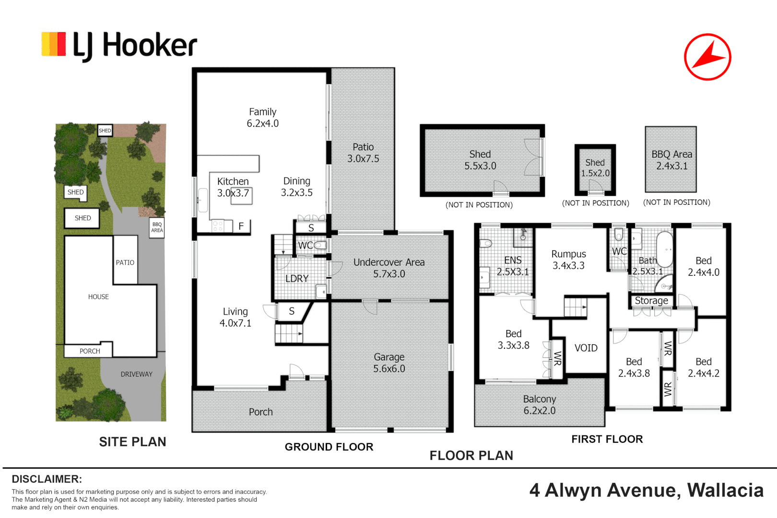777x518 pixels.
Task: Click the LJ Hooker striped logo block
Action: [x=54, y=44]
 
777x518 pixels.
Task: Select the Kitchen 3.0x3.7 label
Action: [x=233, y=187]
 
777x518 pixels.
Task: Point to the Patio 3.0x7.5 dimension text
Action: [x=363, y=158]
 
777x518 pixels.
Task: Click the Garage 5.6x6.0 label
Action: [x=389, y=363]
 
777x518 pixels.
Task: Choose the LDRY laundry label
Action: [x=297, y=279]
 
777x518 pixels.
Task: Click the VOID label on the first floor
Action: [x=586, y=348]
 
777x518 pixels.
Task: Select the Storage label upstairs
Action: [x=651, y=300]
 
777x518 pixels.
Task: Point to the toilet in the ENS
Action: [x=485, y=243]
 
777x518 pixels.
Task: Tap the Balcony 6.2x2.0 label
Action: [x=540, y=404]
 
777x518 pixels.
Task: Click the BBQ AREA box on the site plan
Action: [x=157, y=228]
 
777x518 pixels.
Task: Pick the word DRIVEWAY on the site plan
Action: [x=136, y=374]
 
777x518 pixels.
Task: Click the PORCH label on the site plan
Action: [x=90, y=351]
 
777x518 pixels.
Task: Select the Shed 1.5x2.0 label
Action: [x=595, y=167]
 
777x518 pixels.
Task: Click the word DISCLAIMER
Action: [x=47, y=479]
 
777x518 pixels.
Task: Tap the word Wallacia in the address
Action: [x=726, y=490]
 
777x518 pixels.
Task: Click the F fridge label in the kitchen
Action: [x=241, y=226]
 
